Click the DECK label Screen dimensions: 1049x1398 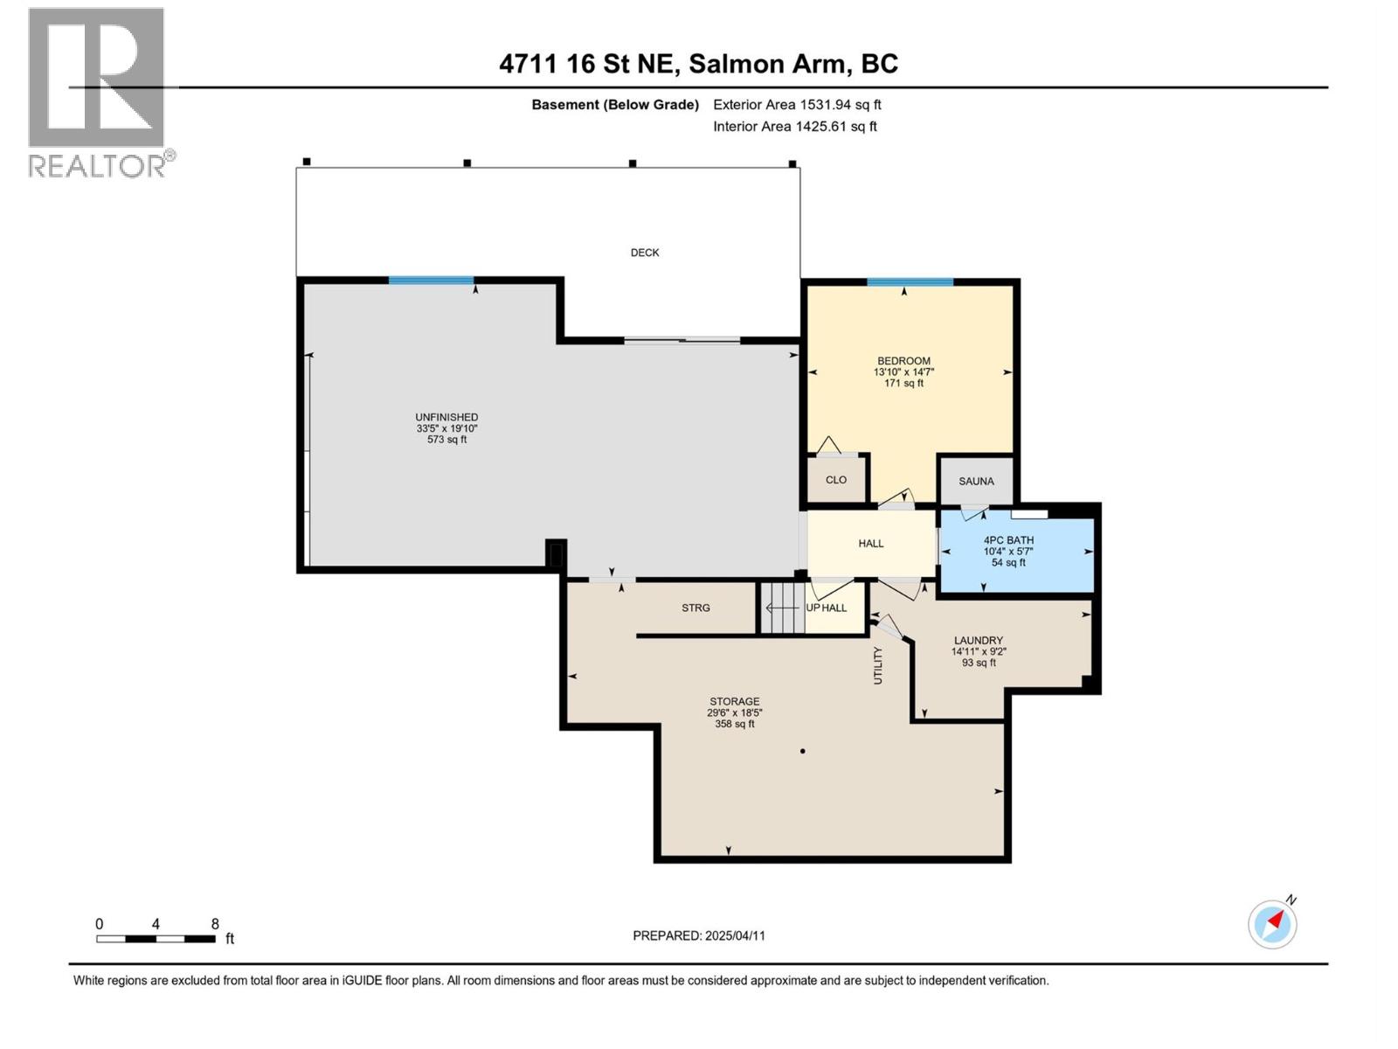click(645, 253)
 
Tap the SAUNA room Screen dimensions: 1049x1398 click(976, 481)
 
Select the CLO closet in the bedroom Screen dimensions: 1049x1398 click(836, 480)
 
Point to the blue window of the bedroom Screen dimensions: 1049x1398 click(910, 282)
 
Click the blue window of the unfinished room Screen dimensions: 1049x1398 click(431, 281)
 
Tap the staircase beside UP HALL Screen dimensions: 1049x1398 click(782, 608)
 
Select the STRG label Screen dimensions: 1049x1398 click(696, 608)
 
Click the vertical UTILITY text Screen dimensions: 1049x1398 click(879, 665)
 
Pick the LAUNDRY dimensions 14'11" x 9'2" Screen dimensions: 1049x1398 click(979, 651)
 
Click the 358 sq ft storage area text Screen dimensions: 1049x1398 click(734, 724)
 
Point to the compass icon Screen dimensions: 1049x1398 click(1272, 923)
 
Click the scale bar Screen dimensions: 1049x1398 click(156, 939)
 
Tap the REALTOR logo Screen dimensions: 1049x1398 click(98, 92)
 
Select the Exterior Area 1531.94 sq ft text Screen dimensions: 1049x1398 click(797, 105)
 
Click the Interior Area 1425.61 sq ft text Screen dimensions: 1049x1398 click(794, 127)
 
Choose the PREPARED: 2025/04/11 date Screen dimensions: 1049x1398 click(699, 935)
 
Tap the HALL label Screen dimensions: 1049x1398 click(870, 544)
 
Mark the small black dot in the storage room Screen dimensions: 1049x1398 click(802, 751)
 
